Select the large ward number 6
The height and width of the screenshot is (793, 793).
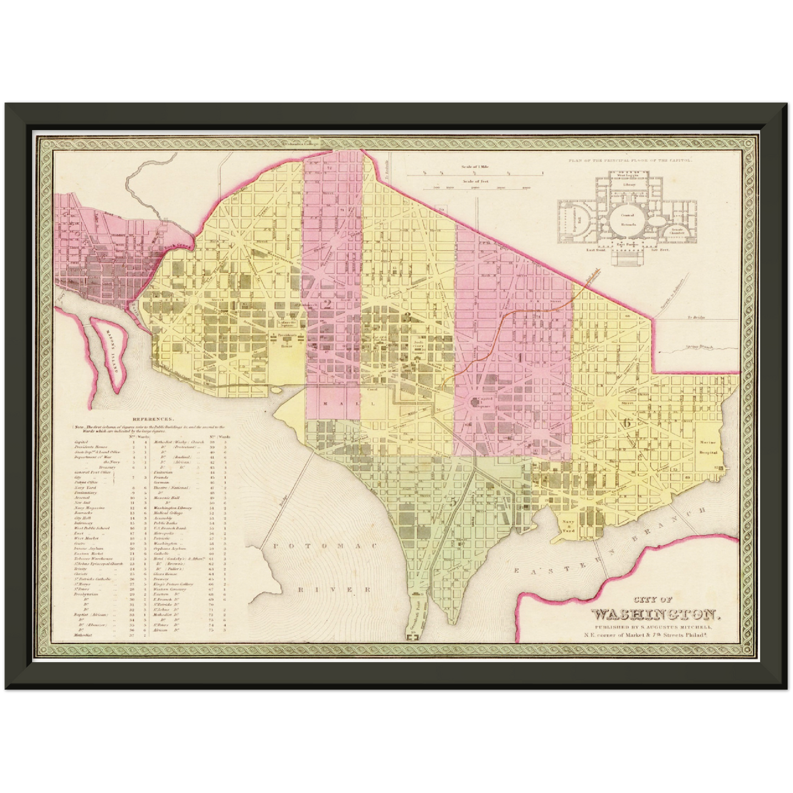pos(626,422)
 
